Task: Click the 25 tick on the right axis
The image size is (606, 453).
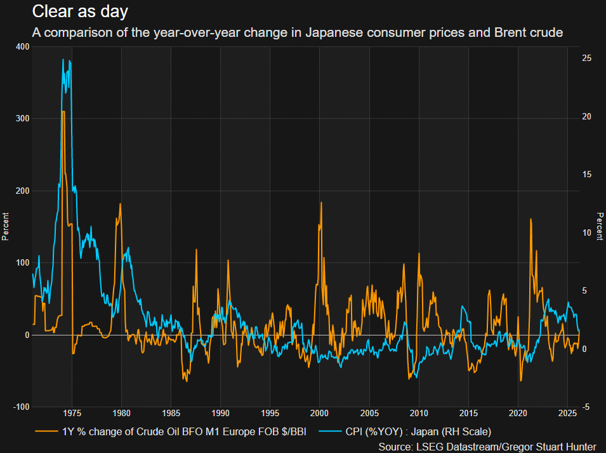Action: pos(587,58)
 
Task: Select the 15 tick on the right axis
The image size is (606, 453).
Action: pos(587,174)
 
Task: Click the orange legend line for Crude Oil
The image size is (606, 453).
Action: pos(46,433)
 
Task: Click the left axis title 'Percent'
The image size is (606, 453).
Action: pos(6,226)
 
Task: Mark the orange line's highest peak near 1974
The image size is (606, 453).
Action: pos(63,112)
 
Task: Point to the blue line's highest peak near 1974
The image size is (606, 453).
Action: pos(63,60)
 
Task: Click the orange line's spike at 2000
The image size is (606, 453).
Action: pos(321,203)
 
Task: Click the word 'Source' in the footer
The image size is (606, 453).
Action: pos(395,447)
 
